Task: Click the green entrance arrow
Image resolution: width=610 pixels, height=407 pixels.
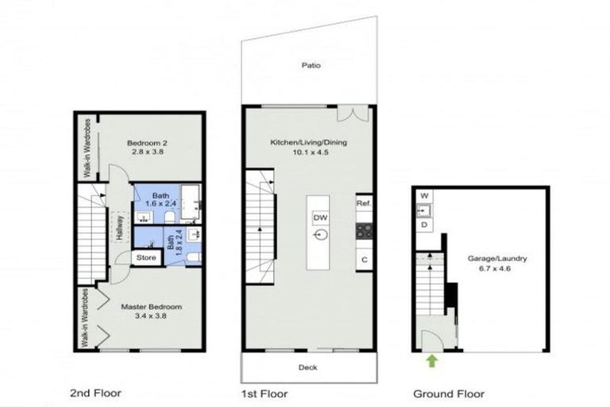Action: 431,362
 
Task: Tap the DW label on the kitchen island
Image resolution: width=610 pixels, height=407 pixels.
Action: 320,217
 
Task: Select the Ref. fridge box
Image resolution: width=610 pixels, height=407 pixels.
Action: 365,203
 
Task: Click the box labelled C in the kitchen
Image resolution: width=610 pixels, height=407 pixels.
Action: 365,259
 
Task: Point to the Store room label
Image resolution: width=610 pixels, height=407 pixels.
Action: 145,258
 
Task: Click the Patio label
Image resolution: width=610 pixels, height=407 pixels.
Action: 311,66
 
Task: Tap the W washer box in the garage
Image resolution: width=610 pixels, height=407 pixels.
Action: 424,196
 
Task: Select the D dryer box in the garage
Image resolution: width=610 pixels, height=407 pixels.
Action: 424,226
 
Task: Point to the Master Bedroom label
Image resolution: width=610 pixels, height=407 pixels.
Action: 152,307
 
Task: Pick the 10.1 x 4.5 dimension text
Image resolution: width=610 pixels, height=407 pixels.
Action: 310,153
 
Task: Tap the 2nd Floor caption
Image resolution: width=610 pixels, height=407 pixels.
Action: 89,393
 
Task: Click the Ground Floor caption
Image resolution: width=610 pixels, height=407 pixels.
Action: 449,393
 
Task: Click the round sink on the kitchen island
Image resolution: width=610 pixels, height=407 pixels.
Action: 320,235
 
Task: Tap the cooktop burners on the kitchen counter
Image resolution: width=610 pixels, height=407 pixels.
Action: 365,231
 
